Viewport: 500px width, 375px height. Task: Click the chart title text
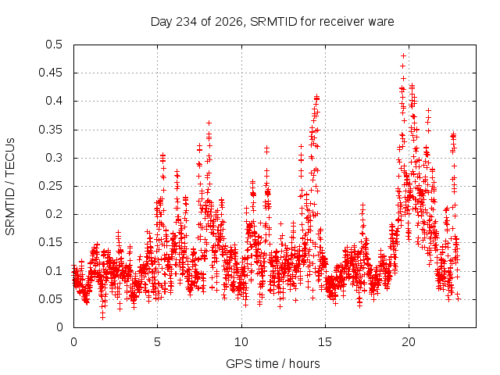[273, 22]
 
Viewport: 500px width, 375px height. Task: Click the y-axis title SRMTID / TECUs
[10, 187]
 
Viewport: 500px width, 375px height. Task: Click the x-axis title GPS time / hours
[273, 363]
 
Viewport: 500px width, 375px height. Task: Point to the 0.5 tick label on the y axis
[54, 45]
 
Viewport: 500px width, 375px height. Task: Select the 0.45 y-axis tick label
[50, 73]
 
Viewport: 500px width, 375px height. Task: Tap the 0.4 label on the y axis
[54, 101]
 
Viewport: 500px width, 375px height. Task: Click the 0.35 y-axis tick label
[50, 130]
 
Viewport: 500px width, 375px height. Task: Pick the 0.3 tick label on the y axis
[54, 158]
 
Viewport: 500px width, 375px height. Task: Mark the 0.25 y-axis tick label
[50, 186]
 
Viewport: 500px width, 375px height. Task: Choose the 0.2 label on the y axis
[54, 214]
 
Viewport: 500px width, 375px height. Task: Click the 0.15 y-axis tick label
[50, 242]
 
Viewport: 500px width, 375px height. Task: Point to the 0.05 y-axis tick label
[50, 299]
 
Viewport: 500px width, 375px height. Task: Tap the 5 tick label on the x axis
[157, 342]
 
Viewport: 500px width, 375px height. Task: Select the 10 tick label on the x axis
[241, 342]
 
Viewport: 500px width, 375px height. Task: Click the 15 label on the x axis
[325, 342]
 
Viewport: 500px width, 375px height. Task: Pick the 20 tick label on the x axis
[409, 342]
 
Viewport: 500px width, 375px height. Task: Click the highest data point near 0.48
[403, 56]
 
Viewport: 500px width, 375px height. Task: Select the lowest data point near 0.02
[102, 317]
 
